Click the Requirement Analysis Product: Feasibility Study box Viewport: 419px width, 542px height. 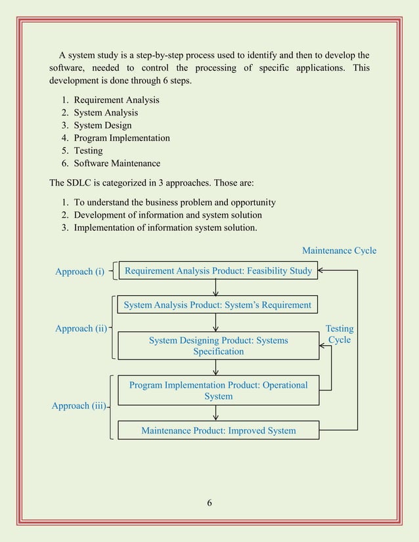pyautogui.click(x=218, y=270)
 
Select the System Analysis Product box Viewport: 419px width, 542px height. pyautogui.click(x=217, y=305)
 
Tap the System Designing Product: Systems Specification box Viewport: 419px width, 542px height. pyautogui.click(x=218, y=346)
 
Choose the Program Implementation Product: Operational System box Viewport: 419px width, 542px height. pyautogui.click(x=218, y=390)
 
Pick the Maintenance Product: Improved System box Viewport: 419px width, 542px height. pyautogui.click(x=218, y=430)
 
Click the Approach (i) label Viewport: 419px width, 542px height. pyautogui.click(x=79, y=272)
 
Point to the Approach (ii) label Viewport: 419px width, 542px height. pyautogui.click(x=81, y=329)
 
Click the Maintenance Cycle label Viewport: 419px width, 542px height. pyautogui.click(x=339, y=251)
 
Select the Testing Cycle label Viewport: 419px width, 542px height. pyautogui.click(x=340, y=334)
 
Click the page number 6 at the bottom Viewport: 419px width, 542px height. pyautogui.click(x=209, y=503)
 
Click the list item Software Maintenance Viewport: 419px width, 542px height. pyautogui.click(x=116, y=163)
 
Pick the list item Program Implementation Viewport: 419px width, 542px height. pyautogui.click(x=121, y=138)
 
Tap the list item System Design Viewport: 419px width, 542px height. pyautogui.click(x=102, y=125)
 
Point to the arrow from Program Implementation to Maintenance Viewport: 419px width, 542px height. pyautogui.click(x=216, y=413)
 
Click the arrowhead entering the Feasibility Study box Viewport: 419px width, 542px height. pyautogui.click(x=322, y=270)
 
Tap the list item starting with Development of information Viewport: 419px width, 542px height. pyautogui.click(x=167, y=215)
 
